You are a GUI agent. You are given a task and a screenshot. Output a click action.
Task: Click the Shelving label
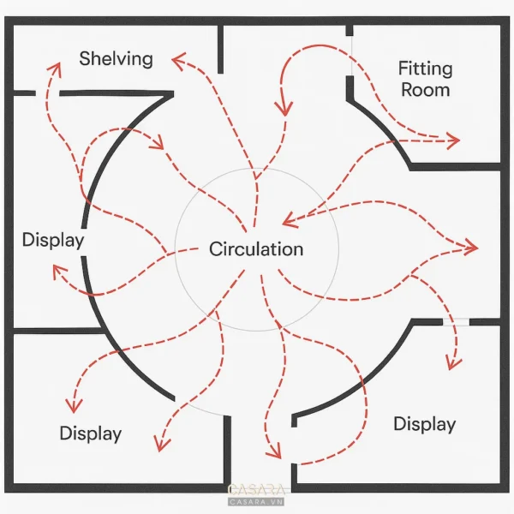tap(116, 59)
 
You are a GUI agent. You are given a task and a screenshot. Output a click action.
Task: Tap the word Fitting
tap(426, 69)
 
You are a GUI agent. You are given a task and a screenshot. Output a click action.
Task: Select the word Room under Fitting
tap(426, 89)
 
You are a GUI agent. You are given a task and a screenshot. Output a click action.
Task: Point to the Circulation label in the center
tap(256, 248)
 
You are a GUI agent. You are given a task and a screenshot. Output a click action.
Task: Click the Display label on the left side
tap(53, 240)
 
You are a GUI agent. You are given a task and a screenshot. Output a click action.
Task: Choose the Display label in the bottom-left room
tap(91, 433)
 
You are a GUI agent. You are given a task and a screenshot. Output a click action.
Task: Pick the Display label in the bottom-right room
tap(425, 424)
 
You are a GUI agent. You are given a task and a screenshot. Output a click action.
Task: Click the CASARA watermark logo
tap(256, 494)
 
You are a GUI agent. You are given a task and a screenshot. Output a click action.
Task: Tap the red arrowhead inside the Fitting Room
tap(453, 141)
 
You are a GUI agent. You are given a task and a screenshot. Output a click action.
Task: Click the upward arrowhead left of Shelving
tap(56, 69)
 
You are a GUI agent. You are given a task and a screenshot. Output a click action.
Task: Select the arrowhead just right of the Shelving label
tap(179, 60)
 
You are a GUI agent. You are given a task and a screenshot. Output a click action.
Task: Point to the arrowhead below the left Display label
tap(59, 272)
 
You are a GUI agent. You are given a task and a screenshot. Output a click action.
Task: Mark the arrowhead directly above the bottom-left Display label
tap(74, 406)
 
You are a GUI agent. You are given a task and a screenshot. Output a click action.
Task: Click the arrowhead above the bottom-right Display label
tap(454, 363)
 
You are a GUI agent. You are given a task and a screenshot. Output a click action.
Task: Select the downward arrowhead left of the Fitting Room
tap(284, 108)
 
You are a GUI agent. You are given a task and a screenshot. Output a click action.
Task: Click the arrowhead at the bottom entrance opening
tap(274, 451)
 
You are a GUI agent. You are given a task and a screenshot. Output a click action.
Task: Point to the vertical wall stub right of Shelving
tap(221, 49)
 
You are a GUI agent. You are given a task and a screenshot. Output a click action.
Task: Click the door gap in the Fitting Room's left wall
tap(350, 56)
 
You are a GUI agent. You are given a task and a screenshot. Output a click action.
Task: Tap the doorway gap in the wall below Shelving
tap(47, 93)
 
